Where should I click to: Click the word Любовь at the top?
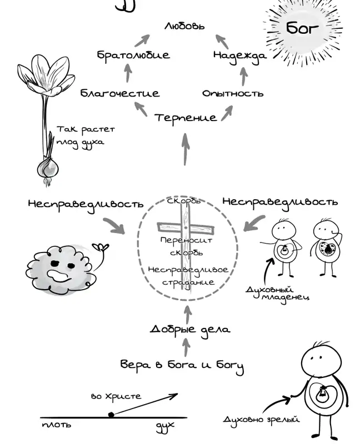pos(184,26)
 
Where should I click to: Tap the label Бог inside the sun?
pos(302,28)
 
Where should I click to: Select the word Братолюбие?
pos(133,54)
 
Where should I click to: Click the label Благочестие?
pos(120,93)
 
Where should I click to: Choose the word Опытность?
pos(233,93)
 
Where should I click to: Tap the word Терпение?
pos(186,118)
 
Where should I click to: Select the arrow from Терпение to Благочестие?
pos(141,109)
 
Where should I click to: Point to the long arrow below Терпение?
pos(186,149)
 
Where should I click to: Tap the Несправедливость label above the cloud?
pos(86,204)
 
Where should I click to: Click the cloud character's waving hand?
pos(101,248)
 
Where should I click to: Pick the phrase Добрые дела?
pos(190,330)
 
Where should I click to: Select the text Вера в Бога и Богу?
pos(182,366)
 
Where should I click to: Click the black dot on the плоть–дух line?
pos(111,415)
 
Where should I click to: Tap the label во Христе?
pos(116,396)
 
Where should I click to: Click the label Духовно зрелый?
pos(261,419)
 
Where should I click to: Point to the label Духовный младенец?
pos(277,294)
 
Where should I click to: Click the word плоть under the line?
pos(57,425)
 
